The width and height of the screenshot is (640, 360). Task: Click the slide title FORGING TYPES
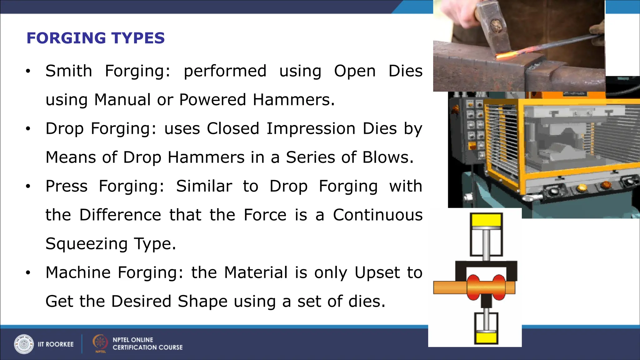point(95,38)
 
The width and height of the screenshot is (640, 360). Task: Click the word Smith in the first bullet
point(69,71)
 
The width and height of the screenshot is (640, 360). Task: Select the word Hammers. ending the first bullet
point(293,100)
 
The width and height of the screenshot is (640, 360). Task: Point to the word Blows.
point(388,157)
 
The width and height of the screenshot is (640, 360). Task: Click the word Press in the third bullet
point(67,186)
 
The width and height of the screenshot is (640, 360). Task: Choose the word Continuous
point(377,215)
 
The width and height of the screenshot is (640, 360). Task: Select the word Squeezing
point(87,244)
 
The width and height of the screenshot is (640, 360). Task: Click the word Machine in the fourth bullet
point(78,272)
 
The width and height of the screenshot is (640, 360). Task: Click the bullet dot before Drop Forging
point(28,129)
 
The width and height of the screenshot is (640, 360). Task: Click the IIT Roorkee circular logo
point(24,344)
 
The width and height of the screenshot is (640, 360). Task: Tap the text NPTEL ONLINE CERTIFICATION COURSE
point(147,343)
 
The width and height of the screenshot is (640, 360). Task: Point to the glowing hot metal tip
point(505,56)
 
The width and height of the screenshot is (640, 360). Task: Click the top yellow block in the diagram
point(486,220)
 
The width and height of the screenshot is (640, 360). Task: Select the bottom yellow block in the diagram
point(486,338)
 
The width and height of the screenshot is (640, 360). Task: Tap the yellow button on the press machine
point(582,187)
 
